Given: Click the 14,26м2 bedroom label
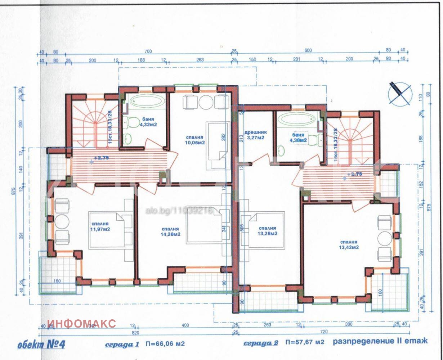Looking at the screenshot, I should point(171,231).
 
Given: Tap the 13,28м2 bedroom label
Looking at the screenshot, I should point(267,231).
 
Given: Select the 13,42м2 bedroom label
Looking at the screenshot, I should point(348,245).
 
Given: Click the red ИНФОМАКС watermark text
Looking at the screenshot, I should point(82,323).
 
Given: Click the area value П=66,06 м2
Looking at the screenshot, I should point(165,343).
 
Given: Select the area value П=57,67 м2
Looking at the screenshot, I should point(305,342).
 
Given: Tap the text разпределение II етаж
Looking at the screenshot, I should point(380,341).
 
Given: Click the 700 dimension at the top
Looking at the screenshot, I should point(148,51).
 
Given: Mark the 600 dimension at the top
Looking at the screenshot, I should point(308,51).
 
